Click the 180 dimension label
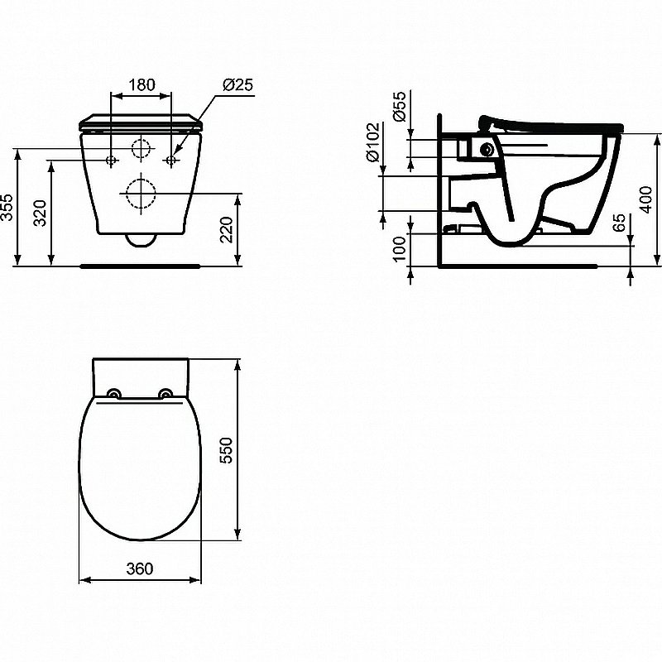click(141, 84)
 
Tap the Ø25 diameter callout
click(237, 84)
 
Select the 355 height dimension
click(7, 208)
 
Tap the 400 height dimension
click(647, 199)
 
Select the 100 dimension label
click(400, 249)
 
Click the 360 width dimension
click(141, 569)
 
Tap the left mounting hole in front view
click(112, 159)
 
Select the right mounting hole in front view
click(170, 159)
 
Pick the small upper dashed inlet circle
click(142, 150)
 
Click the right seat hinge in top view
click(166, 394)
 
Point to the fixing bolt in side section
click(487, 149)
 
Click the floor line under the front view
click(141, 266)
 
